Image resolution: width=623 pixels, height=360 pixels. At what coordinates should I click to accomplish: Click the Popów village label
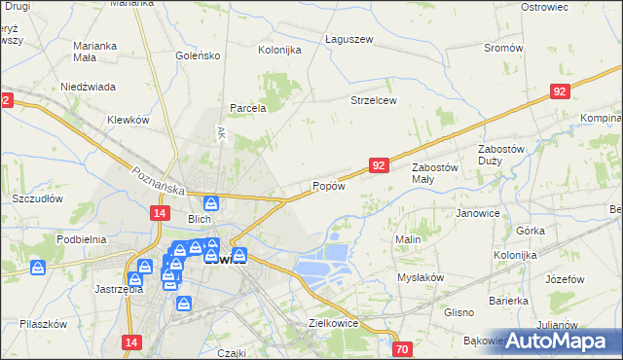328,186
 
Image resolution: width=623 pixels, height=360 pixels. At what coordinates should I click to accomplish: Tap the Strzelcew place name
374,100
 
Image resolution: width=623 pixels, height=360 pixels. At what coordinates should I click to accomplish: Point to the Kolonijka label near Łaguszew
279,50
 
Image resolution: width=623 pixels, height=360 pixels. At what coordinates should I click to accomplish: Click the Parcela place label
247,108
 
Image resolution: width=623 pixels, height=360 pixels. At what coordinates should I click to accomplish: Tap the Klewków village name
127,120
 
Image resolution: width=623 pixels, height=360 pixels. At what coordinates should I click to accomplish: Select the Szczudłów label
37,198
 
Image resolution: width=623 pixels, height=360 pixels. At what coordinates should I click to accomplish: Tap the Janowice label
477,212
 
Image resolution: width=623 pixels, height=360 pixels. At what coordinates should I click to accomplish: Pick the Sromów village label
503,48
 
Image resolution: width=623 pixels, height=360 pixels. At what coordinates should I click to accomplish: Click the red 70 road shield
403,348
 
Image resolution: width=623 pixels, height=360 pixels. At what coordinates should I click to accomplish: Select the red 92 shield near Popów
380,166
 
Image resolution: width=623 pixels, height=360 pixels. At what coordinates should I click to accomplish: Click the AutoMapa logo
551,341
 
